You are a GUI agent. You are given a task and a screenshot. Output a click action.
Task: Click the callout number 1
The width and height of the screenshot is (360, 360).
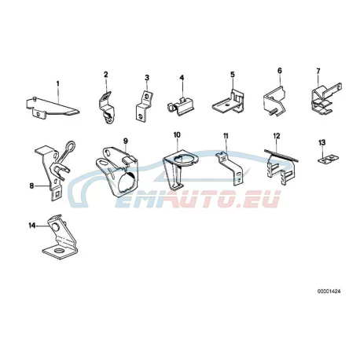coord(58,83)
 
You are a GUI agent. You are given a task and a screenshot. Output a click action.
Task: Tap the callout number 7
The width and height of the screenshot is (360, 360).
coord(318,71)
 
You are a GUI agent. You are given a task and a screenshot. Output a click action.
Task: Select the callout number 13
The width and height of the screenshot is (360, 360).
coord(322,142)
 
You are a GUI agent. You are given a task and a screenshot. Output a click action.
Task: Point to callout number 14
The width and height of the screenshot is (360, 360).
coord(32,226)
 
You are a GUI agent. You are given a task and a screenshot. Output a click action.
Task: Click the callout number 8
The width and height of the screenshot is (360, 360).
coord(31,186)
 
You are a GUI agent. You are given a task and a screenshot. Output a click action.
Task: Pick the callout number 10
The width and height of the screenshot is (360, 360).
coord(177,135)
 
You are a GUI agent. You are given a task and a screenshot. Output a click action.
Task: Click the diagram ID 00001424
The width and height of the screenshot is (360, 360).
coord(329,291)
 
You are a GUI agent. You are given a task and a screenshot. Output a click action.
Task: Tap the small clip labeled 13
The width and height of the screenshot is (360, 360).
coord(328,159)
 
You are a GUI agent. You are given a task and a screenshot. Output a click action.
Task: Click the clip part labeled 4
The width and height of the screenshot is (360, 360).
coord(181,106)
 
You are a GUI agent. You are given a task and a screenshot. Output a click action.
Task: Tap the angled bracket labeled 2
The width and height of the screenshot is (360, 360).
coord(106,107)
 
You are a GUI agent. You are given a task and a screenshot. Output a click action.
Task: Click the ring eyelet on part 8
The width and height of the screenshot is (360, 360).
coord(71,145)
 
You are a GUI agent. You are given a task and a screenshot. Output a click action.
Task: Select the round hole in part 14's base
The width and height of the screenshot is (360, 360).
coord(59,251)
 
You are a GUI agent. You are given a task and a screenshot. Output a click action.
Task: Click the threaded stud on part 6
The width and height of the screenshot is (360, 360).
coord(273,112)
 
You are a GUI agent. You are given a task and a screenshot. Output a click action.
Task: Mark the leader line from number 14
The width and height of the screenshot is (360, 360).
coord(42,226)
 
